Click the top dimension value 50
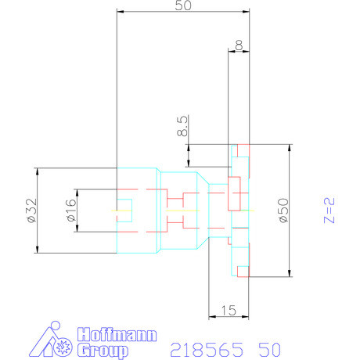(x=184, y=5)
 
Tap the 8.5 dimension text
(x=182, y=127)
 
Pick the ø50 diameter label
(x=283, y=211)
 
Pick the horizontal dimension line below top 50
(x=184, y=13)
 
